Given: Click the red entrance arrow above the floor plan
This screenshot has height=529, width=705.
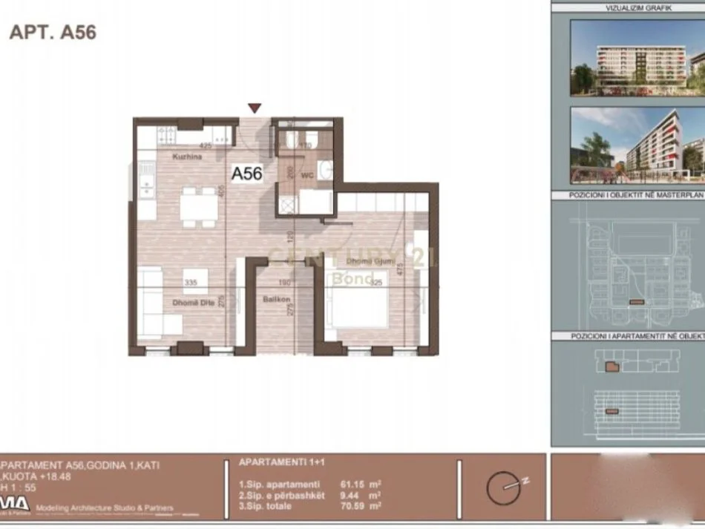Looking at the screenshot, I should click(x=255, y=108).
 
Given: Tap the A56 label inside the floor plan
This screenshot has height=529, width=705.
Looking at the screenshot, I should click(x=246, y=174).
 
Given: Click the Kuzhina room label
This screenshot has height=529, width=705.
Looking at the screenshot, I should click(x=184, y=157).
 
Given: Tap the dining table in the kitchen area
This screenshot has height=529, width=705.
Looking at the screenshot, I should click(x=199, y=206).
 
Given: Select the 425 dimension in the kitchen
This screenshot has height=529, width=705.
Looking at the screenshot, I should click(x=206, y=146).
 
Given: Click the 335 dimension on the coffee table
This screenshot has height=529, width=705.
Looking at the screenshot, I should click(x=191, y=283).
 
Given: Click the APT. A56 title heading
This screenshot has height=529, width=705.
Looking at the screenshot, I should click(x=53, y=33).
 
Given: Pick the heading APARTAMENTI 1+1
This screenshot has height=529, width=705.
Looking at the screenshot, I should click(x=271, y=461).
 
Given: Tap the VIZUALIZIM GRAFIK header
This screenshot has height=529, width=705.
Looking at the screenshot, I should click(x=628, y=7).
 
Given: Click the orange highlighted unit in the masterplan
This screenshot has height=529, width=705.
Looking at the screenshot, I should click(x=634, y=301).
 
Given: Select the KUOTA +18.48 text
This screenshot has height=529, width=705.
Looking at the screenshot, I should click(x=30, y=476).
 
